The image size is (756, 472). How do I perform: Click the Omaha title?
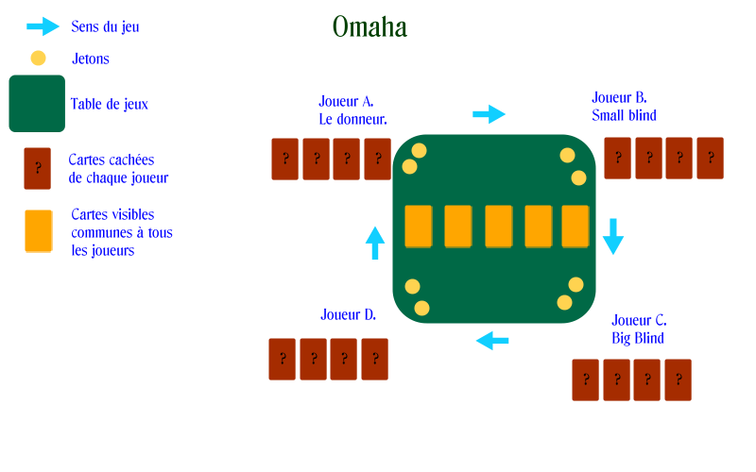pos(369,27)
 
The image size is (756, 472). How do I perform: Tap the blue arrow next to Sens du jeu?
pos(43,26)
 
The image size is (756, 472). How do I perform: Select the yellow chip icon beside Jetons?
pos(38,59)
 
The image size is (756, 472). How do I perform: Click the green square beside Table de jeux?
pos(37,104)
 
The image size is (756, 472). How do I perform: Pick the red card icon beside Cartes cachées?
pos(38,169)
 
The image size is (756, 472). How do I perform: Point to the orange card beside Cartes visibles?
pos(39,231)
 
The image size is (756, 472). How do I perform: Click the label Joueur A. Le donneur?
pos(352,110)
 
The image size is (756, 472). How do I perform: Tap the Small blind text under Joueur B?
pos(624,115)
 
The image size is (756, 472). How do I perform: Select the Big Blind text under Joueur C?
pos(638,339)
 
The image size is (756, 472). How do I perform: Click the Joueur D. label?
pos(348,315)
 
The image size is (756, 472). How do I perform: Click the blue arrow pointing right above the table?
pos(489,114)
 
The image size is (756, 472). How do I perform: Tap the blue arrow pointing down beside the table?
pos(613,236)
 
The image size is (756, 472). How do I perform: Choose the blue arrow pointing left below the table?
pos(492,341)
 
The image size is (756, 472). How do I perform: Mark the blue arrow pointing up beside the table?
pos(375,243)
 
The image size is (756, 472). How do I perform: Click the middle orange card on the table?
pos(499,227)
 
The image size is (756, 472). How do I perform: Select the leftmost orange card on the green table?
pos(419,227)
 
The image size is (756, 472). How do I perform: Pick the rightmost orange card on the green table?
pos(576,227)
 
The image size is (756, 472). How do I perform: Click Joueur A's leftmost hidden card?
pos(285,160)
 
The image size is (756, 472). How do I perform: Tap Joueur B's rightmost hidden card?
pos(711,159)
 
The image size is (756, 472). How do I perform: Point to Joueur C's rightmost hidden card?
pos(678,380)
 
